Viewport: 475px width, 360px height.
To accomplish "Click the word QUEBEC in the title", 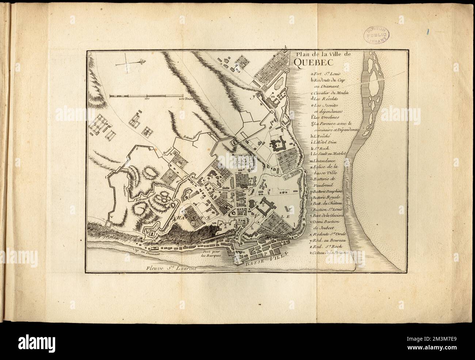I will [310, 63].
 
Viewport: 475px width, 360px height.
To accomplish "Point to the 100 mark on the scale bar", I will [147, 98].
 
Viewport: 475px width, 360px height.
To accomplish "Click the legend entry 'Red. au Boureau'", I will [328, 240].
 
